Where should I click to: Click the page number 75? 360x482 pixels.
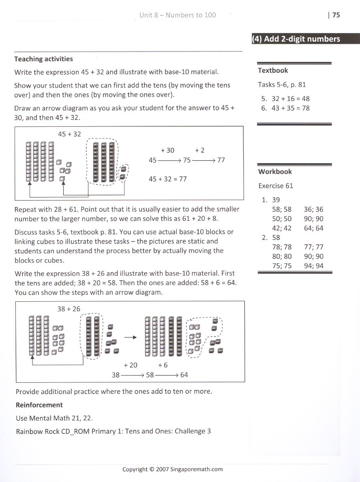pyautogui.click(x=336, y=15)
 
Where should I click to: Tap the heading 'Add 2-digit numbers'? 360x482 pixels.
pyautogui.click(x=296, y=39)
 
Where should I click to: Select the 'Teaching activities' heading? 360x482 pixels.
pyautogui.click(x=43, y=59)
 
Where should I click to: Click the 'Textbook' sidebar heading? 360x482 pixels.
pyautogui.click(x=273, y=70)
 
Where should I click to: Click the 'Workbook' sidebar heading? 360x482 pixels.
pyautogui.click(x=275, y=171)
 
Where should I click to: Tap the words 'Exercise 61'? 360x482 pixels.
pyautogui.click(x=276, y=186)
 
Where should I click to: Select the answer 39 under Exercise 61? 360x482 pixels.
pyautogui.click(x=276, y=200)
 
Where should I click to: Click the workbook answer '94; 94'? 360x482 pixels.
pyautogui.click(x=313, y=266)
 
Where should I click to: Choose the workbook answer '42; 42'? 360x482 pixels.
pyautogui.click(x=282, y=228)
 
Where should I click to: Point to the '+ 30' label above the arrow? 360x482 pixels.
pyautogui.click(x=167, y=150)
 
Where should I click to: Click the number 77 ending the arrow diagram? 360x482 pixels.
pyautogui.click(x=221, y=160)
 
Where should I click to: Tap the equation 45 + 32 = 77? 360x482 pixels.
pyautogui.click(x=168, y=179)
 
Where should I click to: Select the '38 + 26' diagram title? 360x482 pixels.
pyautogui.click(x=69, y=309)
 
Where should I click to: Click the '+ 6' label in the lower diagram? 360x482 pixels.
pyautogui.click(x=163, y=365)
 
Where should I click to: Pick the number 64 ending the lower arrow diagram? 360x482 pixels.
pyautogui.click(x=184, y=375)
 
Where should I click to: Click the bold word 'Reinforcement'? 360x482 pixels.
pyautogui.click(x=39, y=405)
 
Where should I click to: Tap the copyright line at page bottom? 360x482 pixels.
pyautogui.click(x=172, y=469)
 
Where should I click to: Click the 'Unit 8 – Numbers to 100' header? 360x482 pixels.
pyautogui.click(x=178, y=15)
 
